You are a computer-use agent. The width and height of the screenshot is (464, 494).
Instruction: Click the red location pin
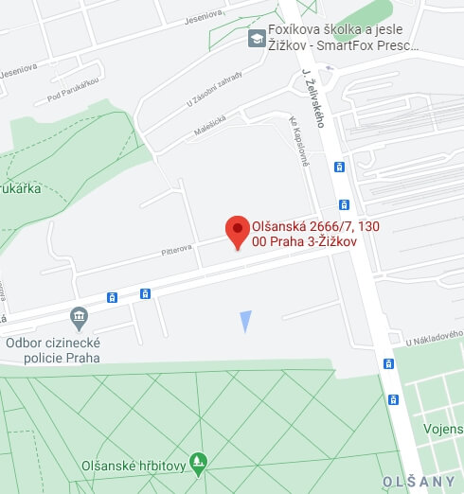[237, 231]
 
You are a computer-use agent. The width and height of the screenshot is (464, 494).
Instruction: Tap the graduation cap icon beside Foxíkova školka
[256, 39]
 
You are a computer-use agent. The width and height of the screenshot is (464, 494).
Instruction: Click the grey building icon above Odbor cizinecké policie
[80, 315]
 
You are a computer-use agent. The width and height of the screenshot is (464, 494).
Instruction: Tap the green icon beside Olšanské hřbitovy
[198, 463]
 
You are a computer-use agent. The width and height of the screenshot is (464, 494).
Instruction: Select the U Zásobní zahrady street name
[215, 88]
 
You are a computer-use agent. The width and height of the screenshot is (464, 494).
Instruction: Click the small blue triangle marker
[245, 321]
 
